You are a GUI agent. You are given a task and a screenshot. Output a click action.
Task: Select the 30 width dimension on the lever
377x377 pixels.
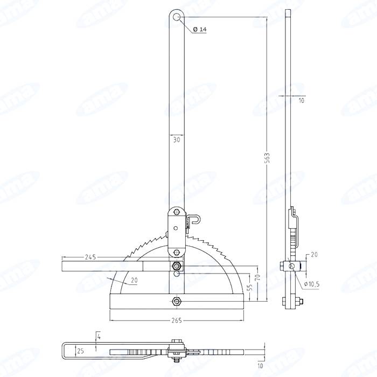(177, 139)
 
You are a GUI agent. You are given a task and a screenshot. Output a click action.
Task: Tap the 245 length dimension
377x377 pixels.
(90, 257)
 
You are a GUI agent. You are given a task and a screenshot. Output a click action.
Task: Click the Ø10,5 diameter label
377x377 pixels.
(312, 284)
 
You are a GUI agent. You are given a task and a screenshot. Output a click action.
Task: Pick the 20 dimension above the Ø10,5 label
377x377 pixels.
(313, 254)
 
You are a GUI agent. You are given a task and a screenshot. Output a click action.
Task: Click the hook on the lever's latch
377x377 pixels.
(198, 219)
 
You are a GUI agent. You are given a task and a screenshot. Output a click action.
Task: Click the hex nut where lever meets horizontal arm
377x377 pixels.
(177, 266)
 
